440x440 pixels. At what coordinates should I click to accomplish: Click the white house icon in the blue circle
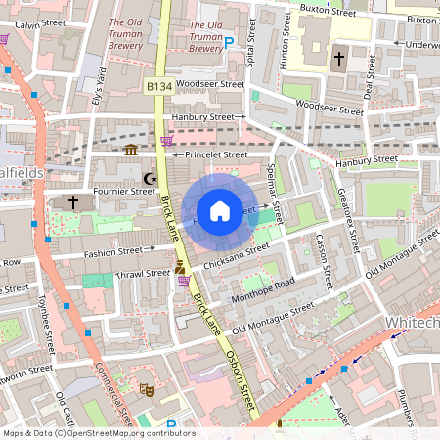(220, 211)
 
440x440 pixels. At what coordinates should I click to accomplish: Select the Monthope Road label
(263, 290)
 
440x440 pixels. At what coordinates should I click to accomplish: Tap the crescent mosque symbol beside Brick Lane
(150, 179)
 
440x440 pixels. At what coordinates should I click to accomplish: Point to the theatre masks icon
(146, 388)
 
